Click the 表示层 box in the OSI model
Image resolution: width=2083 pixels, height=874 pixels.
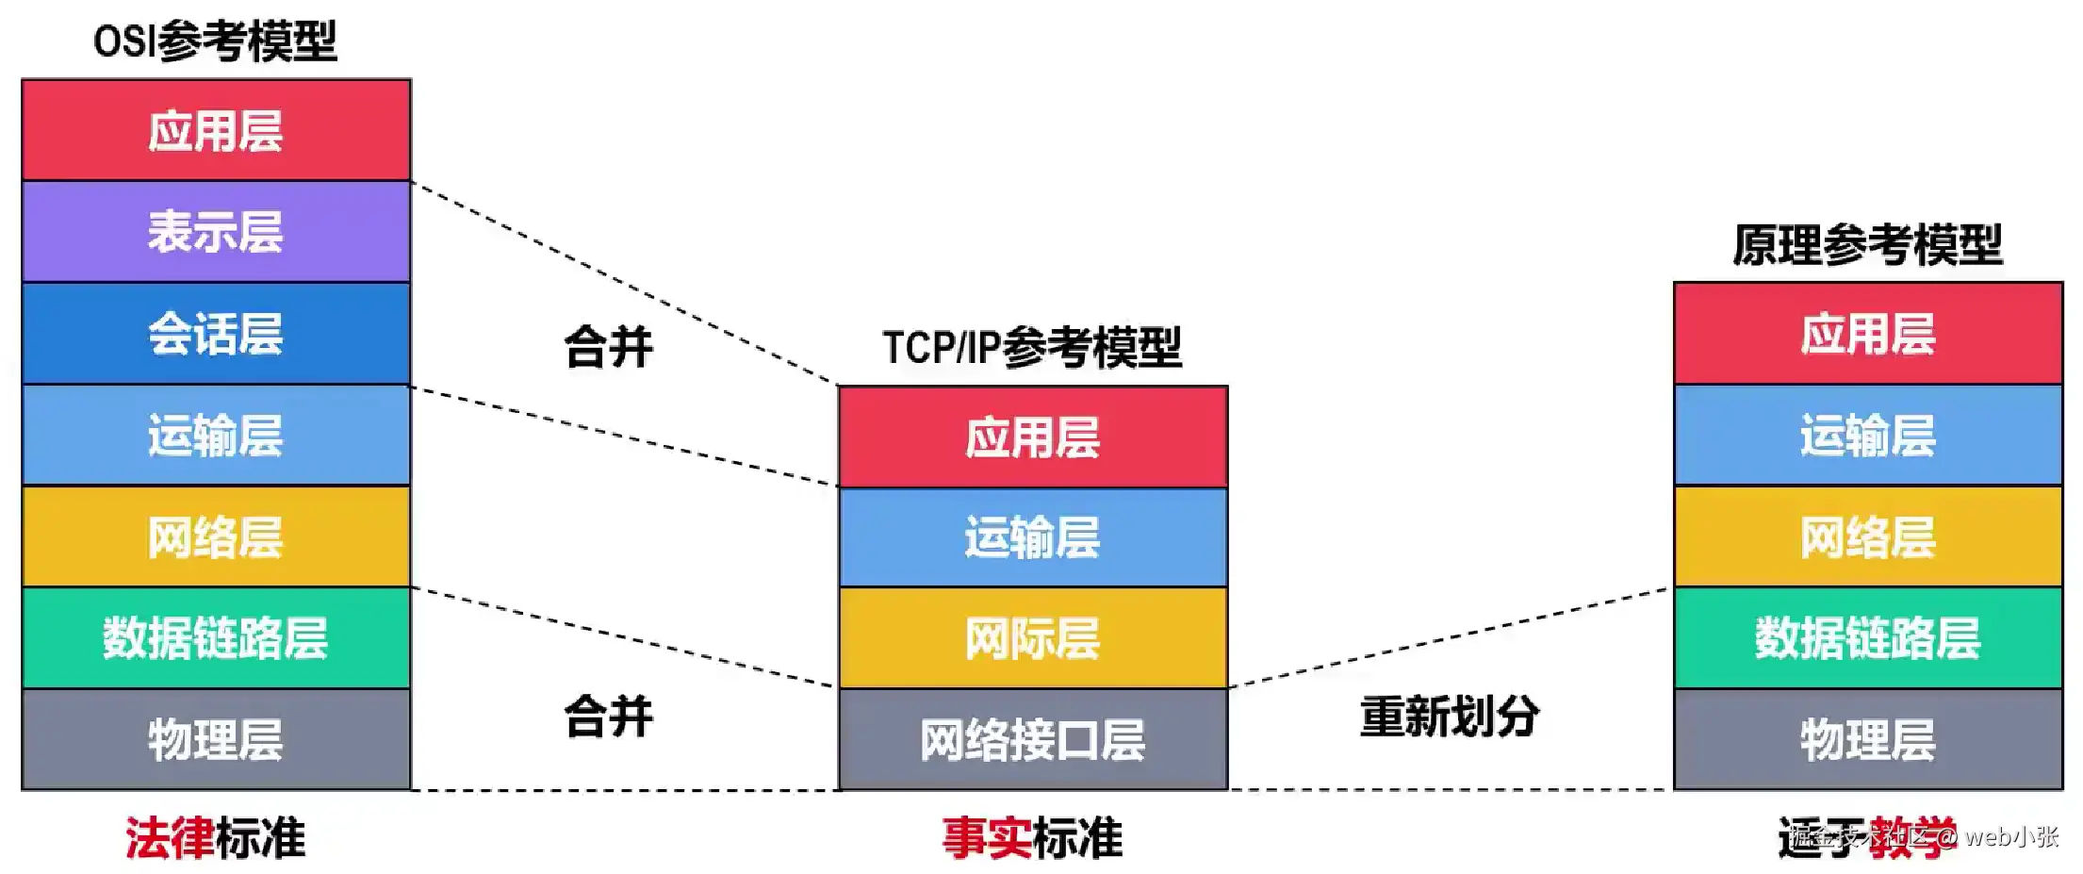click(216, 232)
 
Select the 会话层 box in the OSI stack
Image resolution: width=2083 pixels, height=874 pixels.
click(216, 334)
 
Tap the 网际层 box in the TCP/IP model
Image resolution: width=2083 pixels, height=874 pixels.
click(1033, 638)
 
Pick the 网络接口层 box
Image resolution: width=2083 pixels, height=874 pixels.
click(1033, 740)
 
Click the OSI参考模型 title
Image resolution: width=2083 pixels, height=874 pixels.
click(215, 41)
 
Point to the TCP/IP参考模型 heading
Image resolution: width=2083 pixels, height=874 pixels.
click(1032, 347)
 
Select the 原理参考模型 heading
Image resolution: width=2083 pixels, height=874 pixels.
click(1867, 245)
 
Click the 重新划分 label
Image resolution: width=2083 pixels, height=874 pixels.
click(1450, 717)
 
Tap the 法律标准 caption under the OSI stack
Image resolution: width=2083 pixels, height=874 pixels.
click(216, 838)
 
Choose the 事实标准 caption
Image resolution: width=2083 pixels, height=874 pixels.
click(1033, 838)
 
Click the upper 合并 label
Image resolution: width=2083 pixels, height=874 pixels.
click(608, 347)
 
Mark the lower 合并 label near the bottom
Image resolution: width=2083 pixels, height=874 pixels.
click(608, 717)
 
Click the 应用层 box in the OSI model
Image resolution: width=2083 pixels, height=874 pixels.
click(216, 130)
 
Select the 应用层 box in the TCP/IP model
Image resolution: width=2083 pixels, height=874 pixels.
click(1033, 437)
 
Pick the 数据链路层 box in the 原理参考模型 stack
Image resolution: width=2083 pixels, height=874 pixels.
click(1867, 638)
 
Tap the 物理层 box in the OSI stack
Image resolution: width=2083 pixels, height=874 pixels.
click(216, 740)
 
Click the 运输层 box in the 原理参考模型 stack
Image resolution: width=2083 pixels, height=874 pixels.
click(1867, 436)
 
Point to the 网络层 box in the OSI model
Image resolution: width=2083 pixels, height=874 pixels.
click(216, 537)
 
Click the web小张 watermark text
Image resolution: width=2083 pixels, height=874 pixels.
click(2011, 836)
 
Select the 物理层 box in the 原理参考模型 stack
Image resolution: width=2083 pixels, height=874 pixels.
click(1867, 740)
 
